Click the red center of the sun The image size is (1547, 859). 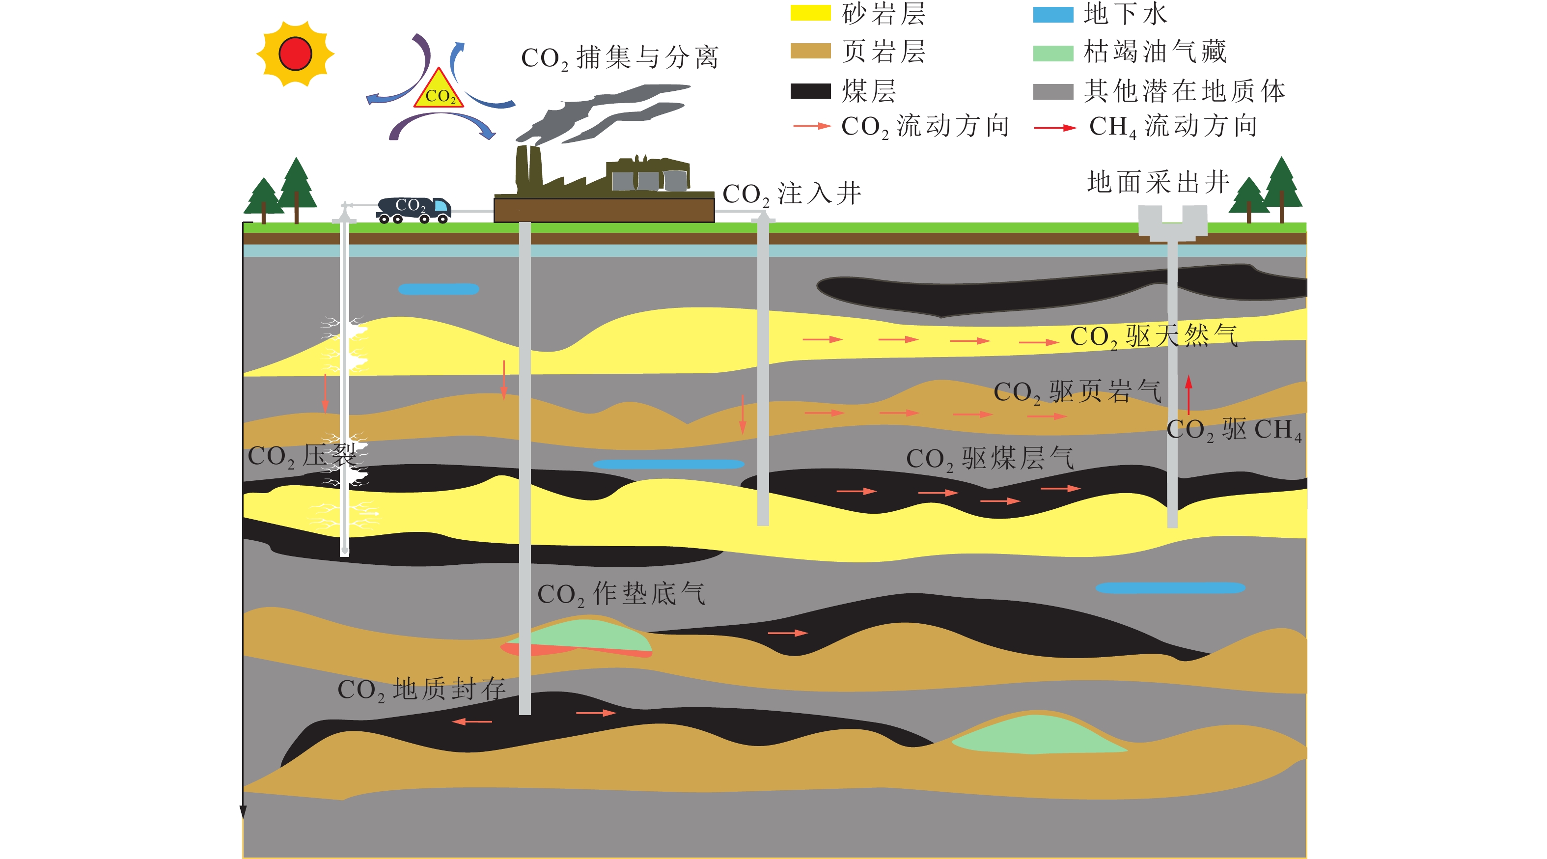click(x=295, y=54)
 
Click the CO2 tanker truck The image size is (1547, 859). click(x=414, y=210)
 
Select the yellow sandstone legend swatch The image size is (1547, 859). click(x=810, y=13)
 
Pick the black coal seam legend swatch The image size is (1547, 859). click(x=810, y=91)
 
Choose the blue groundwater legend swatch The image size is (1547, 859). click(x=1053, y=14)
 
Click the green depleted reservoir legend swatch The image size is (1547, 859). click(x=1053, y=53)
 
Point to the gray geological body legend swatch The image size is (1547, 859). click(x=1053, y=91)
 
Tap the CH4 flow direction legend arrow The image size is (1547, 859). click(x=1054, y=128)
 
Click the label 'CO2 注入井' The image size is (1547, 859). click(x=792, y=194)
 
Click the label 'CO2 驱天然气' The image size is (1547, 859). click(x=1153, y=336)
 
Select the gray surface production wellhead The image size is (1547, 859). click(x=1172, y=223)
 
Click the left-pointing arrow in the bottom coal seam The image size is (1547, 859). click(x=472, y=721)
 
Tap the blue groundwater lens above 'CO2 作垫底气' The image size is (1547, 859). click(x=668, y=464)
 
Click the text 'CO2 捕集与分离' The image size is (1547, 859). click(x=619, y=57)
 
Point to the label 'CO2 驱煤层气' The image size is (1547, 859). click(x=990, y=458)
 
